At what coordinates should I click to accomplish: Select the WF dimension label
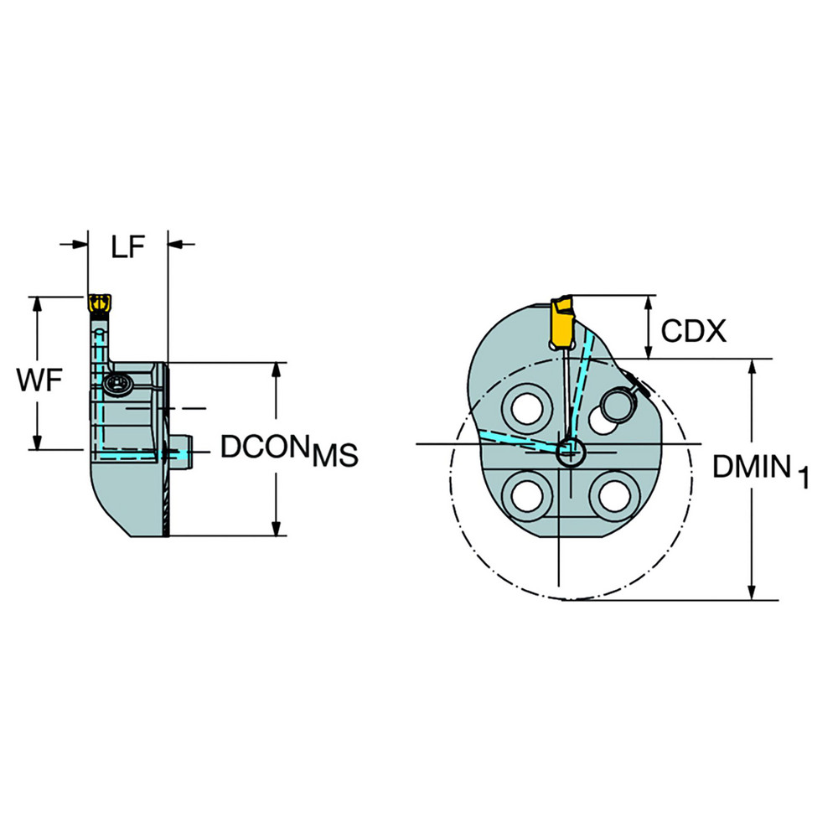[39, 381]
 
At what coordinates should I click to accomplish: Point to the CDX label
[693, 332]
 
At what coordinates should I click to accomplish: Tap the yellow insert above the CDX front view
[562, 322]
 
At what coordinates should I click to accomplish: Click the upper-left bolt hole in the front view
[527, 409]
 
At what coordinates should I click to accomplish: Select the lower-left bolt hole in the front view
[527, 495]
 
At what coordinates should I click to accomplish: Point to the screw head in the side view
[117, 385]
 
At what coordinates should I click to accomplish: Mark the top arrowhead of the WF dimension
[37, 303]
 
